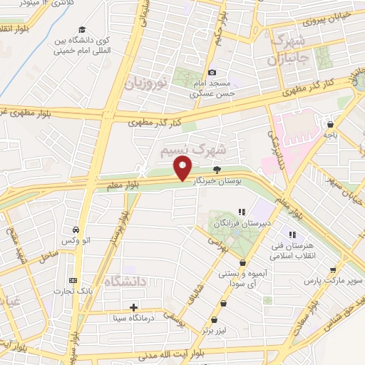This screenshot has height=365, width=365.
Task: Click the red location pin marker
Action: click(x=183, y=170)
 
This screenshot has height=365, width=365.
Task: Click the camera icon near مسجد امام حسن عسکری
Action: click(x=212, y=73)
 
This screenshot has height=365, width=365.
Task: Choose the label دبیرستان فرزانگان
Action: click(x=241, y=224)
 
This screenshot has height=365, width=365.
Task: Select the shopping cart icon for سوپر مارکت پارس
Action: click(x=332, y=269)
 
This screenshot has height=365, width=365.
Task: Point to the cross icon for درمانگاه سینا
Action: click(x=134, y=307)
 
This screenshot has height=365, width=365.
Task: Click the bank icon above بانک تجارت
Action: click(x=72, y=281)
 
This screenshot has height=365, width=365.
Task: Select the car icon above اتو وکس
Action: click(x=76, y=230)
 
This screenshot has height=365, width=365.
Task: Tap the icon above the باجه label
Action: click(x=329, y=122)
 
